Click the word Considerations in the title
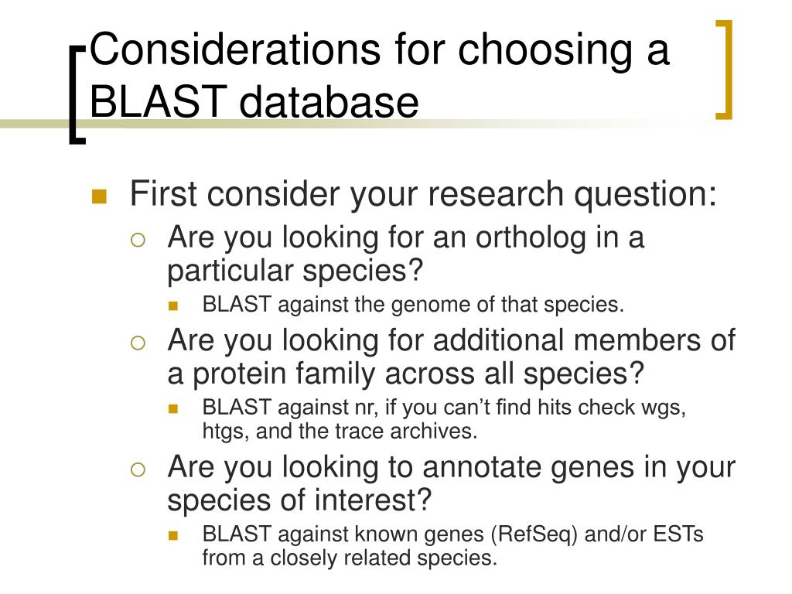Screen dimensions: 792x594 [235, 49]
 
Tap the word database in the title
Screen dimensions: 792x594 [329, 101]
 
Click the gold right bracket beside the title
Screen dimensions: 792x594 [725, 70]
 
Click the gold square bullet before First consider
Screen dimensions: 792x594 [99, 196]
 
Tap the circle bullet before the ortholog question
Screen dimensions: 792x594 [138, 240]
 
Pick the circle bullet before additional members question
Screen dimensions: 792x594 [138, 343]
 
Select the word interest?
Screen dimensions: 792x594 [373, 500]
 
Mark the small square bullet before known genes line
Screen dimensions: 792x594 [173, 535]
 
